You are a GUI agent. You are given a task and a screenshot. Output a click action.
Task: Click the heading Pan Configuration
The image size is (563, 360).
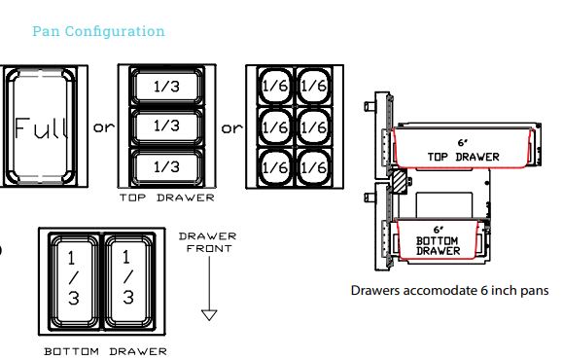pos(99,31)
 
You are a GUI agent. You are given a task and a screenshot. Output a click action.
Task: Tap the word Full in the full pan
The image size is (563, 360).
pos(41,127)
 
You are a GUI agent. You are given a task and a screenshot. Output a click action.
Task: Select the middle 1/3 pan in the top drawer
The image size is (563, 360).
pos(167,126)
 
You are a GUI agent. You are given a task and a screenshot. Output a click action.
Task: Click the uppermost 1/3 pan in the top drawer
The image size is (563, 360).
pos(167,86)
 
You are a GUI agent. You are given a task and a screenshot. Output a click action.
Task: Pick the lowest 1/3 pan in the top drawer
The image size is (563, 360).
pos(167,166)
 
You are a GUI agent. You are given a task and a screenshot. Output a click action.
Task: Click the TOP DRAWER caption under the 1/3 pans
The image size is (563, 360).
pos(167,198)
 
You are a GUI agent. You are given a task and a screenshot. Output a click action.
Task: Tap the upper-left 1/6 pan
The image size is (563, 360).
pos(275,86)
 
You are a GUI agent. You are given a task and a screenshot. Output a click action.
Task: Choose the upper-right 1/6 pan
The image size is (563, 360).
pos(314,86)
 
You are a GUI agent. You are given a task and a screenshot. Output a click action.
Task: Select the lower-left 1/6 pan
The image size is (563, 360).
pos(275,167)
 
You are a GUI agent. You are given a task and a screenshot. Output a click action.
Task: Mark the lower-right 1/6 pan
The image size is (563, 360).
pos(314,167)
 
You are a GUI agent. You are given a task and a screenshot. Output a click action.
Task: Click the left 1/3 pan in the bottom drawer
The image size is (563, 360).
pos(74,281)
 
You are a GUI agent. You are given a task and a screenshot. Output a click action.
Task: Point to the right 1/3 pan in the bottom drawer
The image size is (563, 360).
pos(129,281)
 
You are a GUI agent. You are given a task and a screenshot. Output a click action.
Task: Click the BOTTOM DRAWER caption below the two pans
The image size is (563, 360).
pos(106,351)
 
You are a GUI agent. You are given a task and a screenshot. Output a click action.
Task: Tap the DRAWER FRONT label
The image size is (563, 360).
pos(208,242)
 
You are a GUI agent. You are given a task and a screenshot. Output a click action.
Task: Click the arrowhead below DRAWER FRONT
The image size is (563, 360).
pos(209,314)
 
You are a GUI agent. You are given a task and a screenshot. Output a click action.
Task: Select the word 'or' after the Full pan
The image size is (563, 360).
pos(104,127)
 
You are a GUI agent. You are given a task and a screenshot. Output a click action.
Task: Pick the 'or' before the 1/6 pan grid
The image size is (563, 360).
pos(231,128)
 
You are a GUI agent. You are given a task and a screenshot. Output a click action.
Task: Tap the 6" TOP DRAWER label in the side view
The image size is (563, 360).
pos(463,150)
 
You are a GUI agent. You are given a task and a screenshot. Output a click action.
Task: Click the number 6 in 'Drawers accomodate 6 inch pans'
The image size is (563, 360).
pos(484,290)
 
